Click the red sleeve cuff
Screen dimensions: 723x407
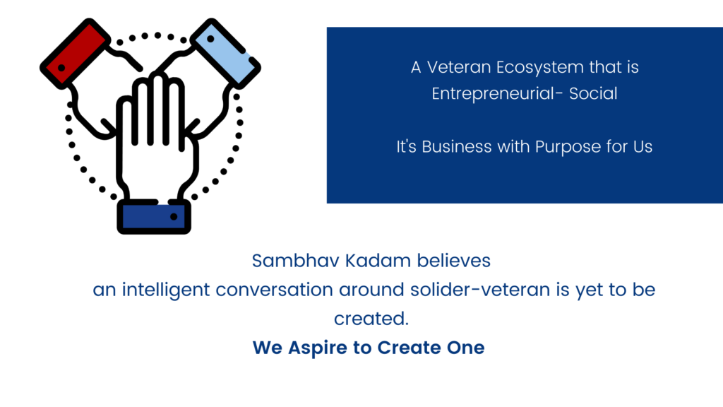tap(75, 53)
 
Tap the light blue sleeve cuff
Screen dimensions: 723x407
tap(225, 53)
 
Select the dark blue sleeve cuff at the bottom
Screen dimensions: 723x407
tap(154, 216)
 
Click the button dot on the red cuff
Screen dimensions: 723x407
tap(61, 68)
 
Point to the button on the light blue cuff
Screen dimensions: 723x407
tap(210, 40)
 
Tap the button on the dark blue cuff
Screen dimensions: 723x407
tap(174, 216)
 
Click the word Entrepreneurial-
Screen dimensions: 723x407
tap(497, 94)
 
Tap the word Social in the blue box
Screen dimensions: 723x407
tap(593, 94)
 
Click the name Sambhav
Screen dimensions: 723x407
tap(296, 261)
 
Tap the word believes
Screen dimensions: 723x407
tap(454, 261)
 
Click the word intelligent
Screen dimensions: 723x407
tap(166, 290)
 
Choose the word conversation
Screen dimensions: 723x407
tap(275, 290)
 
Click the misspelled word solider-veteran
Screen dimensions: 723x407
tap(480, 290)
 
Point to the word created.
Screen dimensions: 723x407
tap(371, 319)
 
